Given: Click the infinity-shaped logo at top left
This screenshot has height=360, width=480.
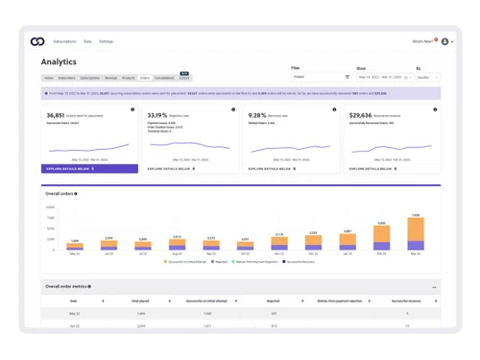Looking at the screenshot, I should point(37,41).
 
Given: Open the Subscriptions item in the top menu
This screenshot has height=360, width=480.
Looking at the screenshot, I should point(64,42).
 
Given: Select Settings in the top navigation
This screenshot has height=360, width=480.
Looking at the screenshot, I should point(106,42).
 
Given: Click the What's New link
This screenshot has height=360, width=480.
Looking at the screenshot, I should point(422,41).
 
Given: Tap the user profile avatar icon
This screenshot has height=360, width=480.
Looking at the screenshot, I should point(444,41).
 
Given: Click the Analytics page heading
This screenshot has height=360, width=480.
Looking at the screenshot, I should point(59,61).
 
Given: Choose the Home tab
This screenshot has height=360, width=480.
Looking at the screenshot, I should point(49,78).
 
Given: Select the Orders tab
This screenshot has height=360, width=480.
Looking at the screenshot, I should point(144,78).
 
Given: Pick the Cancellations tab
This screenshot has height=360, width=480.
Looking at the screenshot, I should point(164,78).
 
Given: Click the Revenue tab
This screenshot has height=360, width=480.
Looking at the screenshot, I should point(110,78).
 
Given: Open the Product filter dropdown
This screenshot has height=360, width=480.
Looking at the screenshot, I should point(321,77).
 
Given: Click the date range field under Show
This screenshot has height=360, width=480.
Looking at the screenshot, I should point(383,77).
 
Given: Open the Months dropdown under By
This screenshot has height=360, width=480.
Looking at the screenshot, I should point(427,77).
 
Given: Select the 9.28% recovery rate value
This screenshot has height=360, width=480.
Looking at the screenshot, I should point(257,115).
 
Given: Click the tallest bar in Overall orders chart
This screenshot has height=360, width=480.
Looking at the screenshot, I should point(415,233).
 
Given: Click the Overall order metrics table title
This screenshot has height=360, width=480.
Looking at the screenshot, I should point(67,286).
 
